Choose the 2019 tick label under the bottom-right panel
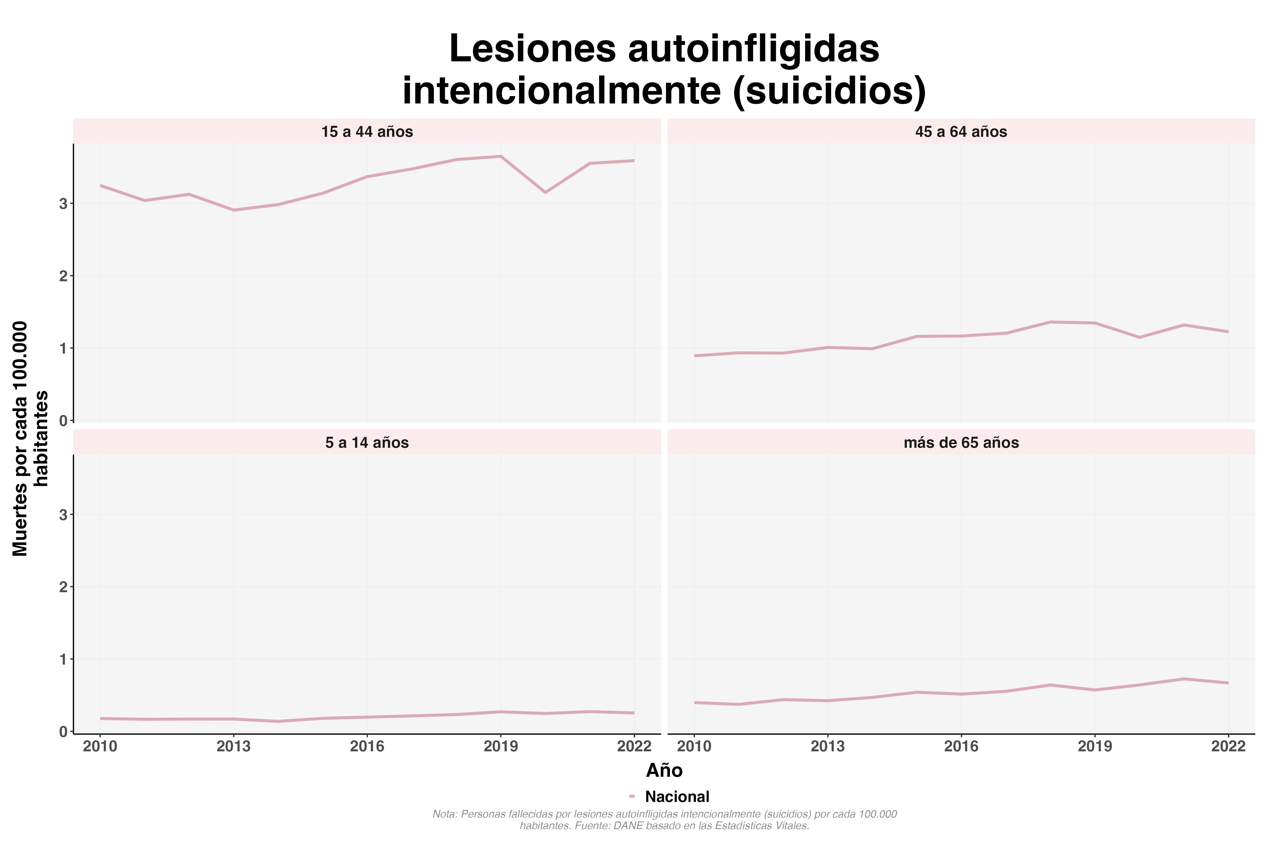click(1094, 747)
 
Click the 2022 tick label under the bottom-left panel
click(634, 747)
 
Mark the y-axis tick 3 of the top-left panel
click(64, 204)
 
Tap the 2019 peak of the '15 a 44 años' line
click(501, 156)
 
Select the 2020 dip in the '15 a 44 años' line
click(545, 192)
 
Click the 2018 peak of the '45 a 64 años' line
click(1050, 322)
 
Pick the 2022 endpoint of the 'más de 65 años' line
click(1228, 683)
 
